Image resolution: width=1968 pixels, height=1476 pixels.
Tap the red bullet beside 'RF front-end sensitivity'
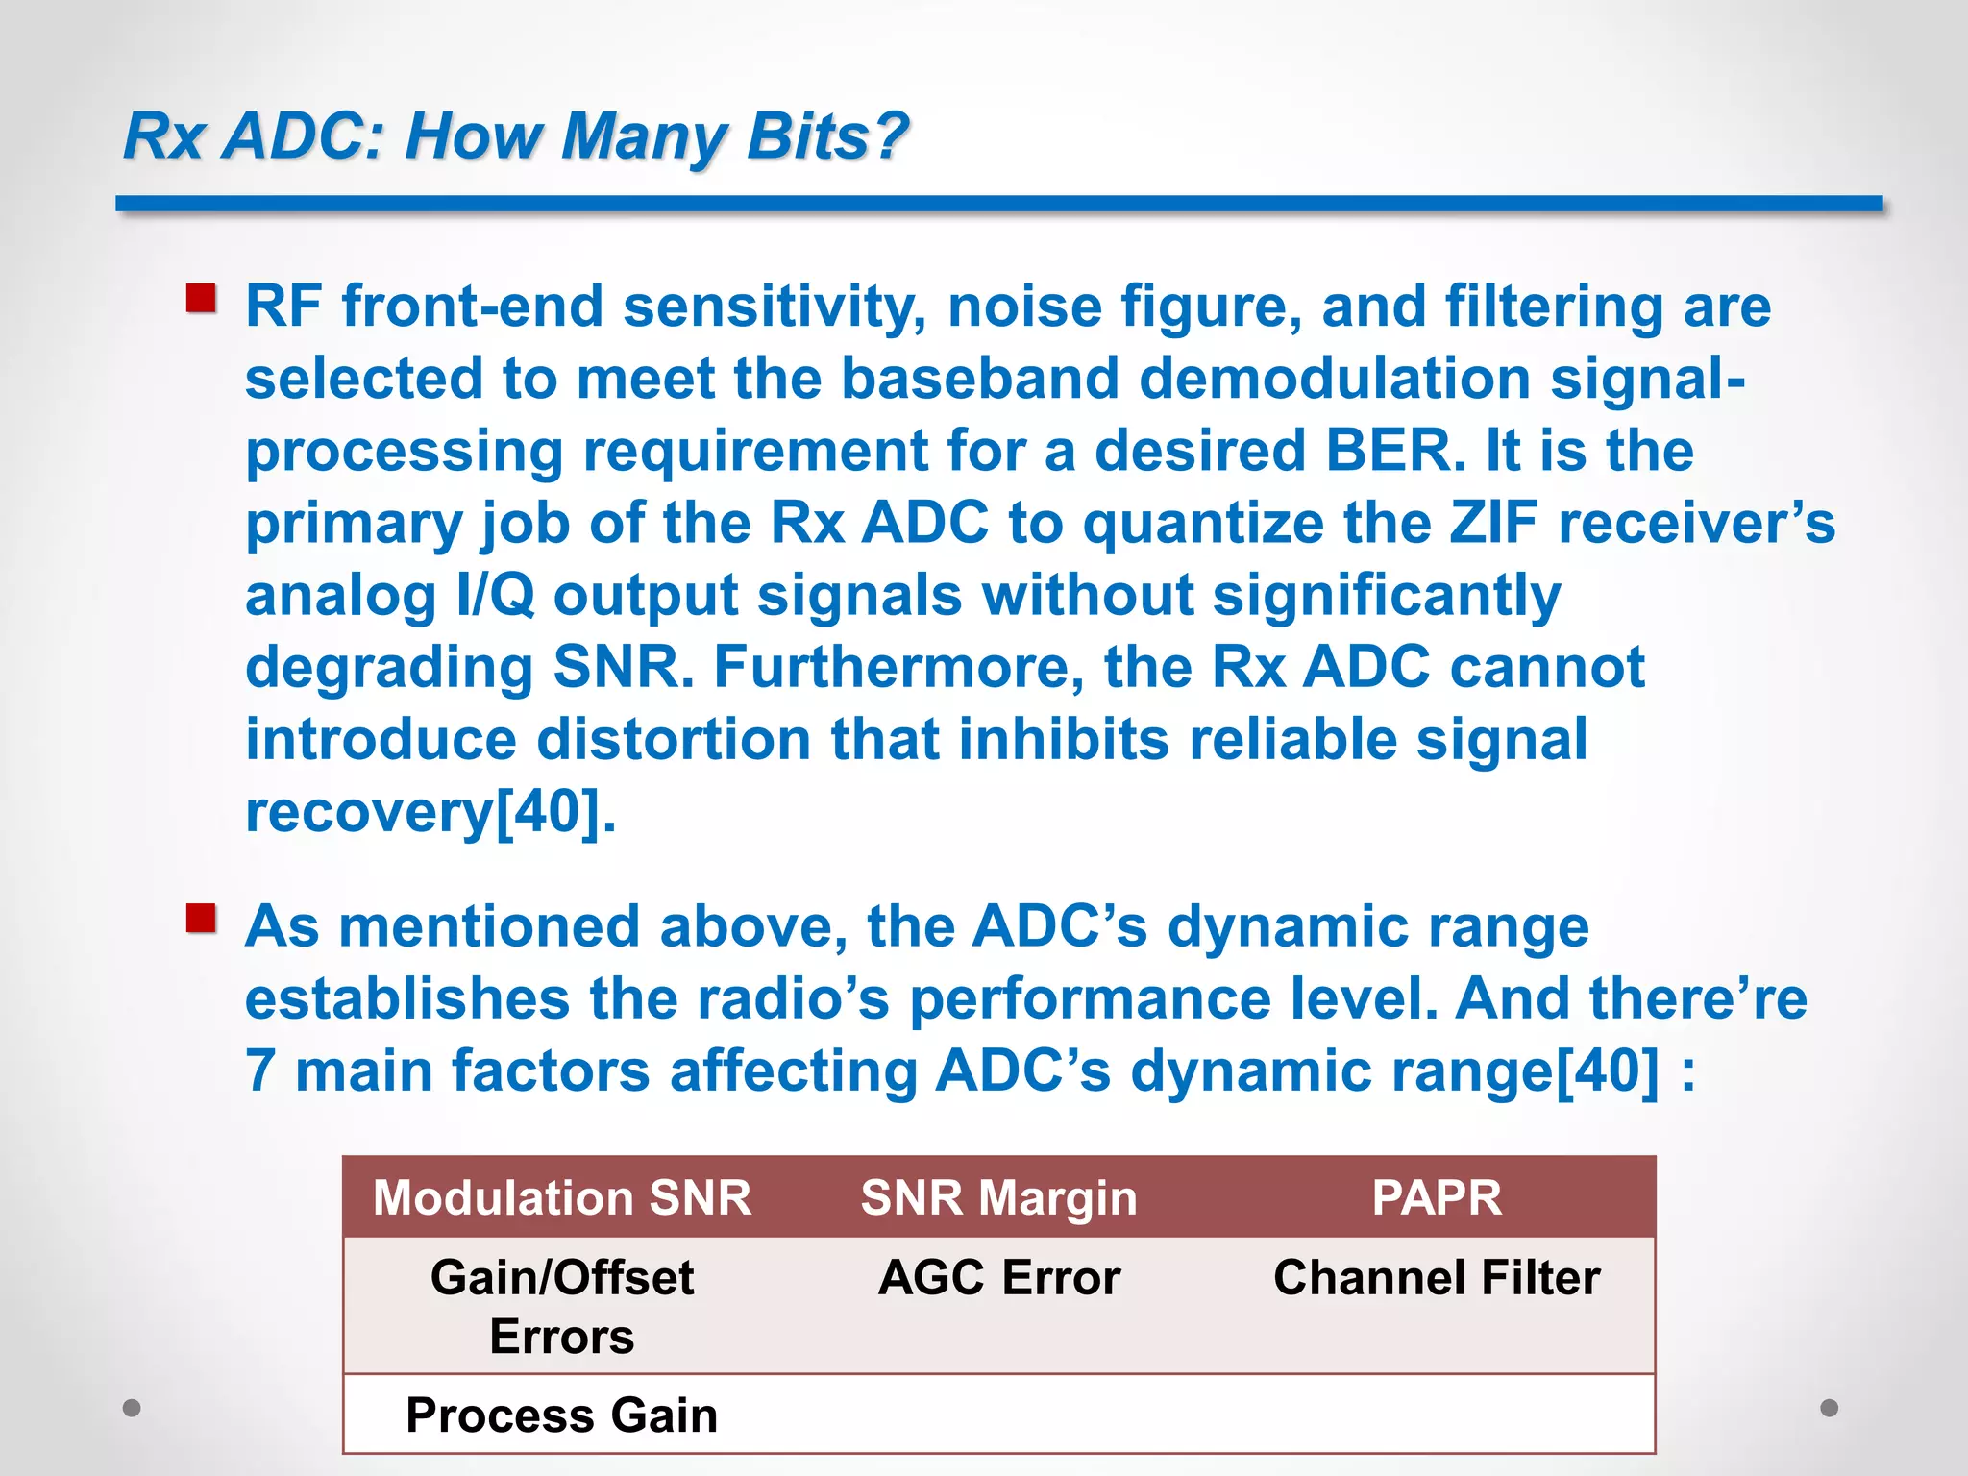point(201,299)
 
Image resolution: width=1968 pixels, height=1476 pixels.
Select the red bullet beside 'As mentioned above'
point(201,919)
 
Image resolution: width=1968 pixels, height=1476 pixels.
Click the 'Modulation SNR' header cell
point(562,1197)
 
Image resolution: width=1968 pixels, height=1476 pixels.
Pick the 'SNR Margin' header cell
point(998,1197)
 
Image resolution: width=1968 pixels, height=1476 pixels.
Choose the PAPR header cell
point(1436,1197)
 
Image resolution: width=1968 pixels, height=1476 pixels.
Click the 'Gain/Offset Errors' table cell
point(562,1306)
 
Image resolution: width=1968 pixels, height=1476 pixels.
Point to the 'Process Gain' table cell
point(562,1414)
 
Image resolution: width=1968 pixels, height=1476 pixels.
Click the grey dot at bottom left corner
point(132,1408)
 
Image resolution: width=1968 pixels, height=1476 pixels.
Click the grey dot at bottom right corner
point(1830,1408)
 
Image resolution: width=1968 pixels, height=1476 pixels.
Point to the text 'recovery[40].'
point(430,812)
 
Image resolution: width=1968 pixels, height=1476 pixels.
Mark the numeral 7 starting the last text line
point(260,1070)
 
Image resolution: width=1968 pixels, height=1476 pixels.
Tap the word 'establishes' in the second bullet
point(407,998)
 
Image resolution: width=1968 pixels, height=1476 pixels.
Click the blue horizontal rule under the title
point(998,204)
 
